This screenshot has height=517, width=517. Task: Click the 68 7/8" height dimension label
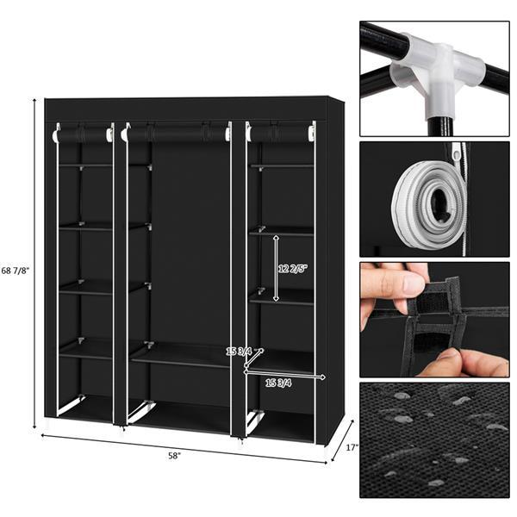[16, 271]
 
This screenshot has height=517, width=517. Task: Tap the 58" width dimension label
[176, 455]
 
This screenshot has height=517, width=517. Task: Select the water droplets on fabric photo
[434, 439]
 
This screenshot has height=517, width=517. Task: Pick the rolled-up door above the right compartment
[281, 134]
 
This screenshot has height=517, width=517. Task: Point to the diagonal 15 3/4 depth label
[238, 352]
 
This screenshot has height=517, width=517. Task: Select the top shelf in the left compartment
[85, 165]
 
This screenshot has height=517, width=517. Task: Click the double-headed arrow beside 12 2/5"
[275, 268]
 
